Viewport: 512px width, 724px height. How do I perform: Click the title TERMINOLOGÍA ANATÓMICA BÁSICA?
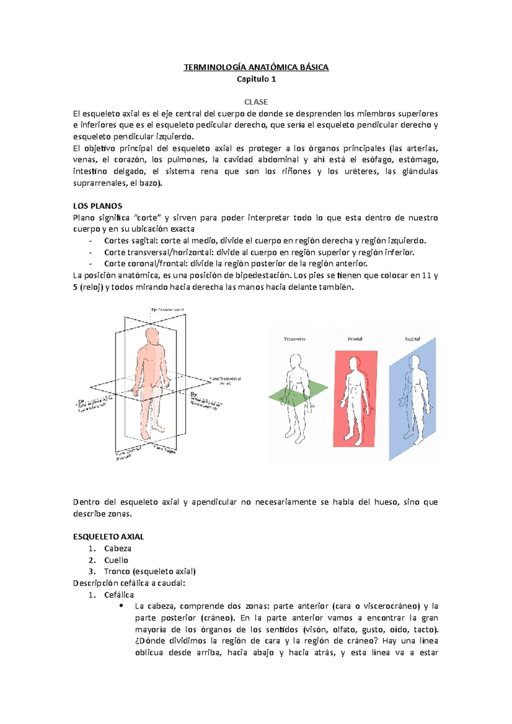tap(256, 67)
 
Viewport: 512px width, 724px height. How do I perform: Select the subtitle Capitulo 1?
tap(256, 79)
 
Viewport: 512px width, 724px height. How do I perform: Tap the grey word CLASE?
tap(256, 102)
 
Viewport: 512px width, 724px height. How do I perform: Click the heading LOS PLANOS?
tap(98, 206)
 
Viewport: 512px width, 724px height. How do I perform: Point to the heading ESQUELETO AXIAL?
tap(108, 537)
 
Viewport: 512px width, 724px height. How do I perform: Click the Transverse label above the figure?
tap(294, 339)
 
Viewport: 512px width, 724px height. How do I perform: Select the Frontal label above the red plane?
tap(355, 339)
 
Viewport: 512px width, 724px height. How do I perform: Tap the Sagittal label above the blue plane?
tap(412, 339)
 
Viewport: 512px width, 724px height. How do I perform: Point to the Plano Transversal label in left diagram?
tap(225, 379)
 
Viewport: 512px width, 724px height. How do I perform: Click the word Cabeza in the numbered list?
tap(118, 548)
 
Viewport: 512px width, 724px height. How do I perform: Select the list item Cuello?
tap(116, 560)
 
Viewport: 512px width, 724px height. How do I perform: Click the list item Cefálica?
tap(119, 595)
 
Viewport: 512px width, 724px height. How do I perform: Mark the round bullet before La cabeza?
tap(122, 606)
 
